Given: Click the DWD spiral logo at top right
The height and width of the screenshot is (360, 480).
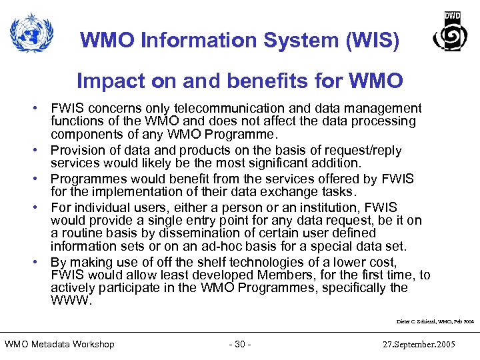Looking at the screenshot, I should tap(450, 33).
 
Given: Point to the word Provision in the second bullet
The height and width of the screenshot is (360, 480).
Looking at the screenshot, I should tap(76, 151).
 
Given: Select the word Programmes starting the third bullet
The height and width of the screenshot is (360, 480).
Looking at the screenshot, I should tap(86, 179).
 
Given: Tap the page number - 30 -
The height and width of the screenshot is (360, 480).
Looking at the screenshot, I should tap(239, 344).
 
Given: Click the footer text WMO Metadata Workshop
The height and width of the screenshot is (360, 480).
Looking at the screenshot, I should tap(59, 344).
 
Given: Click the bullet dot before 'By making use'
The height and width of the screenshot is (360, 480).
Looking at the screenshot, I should tap(41, 263).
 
